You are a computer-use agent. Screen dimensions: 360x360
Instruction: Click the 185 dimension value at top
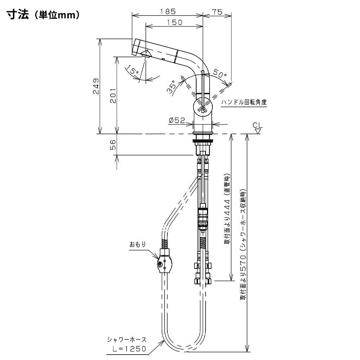coord(168,12)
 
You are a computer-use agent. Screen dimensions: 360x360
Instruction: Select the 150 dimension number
coord(174,22)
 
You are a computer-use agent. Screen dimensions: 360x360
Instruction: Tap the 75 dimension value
coord(217,12)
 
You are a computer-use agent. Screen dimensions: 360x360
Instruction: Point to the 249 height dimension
coord(96,86)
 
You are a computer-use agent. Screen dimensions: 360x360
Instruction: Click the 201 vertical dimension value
coord(113,95)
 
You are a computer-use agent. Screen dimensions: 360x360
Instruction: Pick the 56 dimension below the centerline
coord(113,145)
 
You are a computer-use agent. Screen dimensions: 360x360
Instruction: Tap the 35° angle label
coord(172,87)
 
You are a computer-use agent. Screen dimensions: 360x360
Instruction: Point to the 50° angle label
coord(220,73)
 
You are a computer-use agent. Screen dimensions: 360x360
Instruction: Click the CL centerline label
coord(257,125)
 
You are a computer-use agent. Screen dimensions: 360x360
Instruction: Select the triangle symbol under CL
coord(258,131)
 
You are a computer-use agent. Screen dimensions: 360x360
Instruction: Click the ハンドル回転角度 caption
coord(244,102)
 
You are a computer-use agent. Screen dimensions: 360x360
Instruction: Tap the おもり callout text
coord(138,244)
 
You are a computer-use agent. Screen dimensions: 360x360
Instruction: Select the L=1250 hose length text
coord(129,349)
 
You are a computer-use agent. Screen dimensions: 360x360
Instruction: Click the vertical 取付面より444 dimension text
coord(227,209)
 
